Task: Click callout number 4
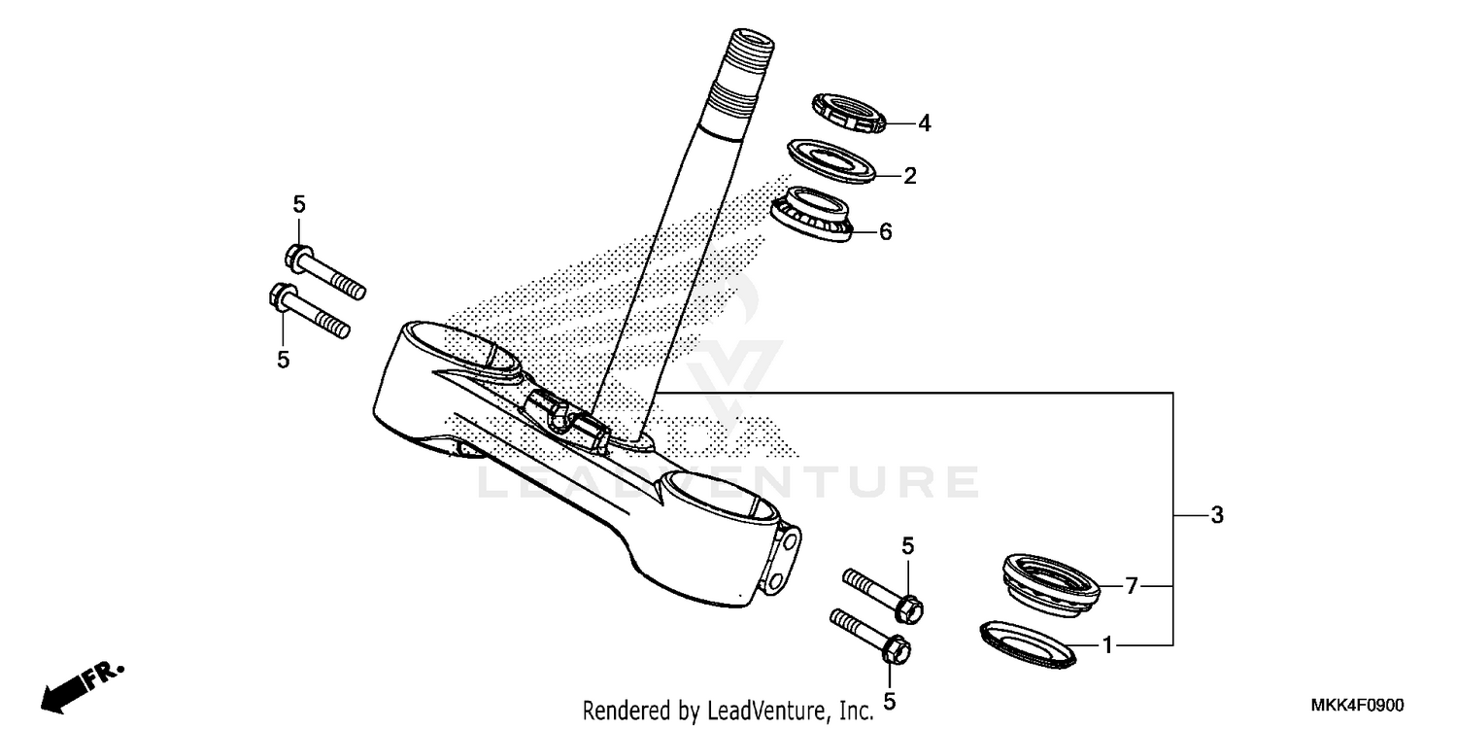925,123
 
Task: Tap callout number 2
910,176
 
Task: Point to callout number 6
885,232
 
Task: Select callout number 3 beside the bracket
1217,516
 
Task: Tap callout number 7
1131,586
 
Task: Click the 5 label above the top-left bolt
299,204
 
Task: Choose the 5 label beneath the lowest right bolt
889,701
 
